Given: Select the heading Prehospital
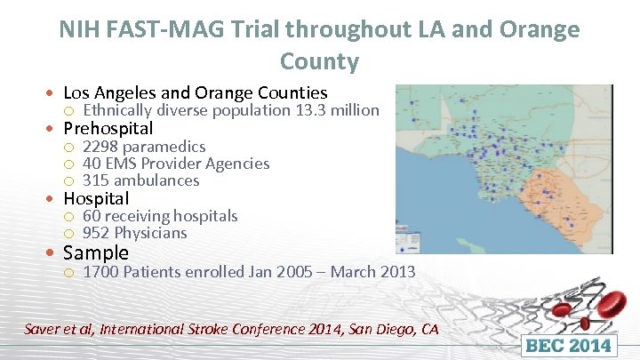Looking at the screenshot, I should tap(108, 128).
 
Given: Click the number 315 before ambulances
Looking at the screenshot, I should tap(95, 180).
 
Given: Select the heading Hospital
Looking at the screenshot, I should tap(96, 198).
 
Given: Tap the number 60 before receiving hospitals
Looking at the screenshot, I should tap(91, 216).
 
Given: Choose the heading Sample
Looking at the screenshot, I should tap(96, 252).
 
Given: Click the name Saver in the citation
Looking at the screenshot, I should tap(44, 329).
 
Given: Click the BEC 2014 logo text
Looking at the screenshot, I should tap(569, 345).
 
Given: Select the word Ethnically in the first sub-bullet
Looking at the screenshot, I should tap(118, 110).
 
